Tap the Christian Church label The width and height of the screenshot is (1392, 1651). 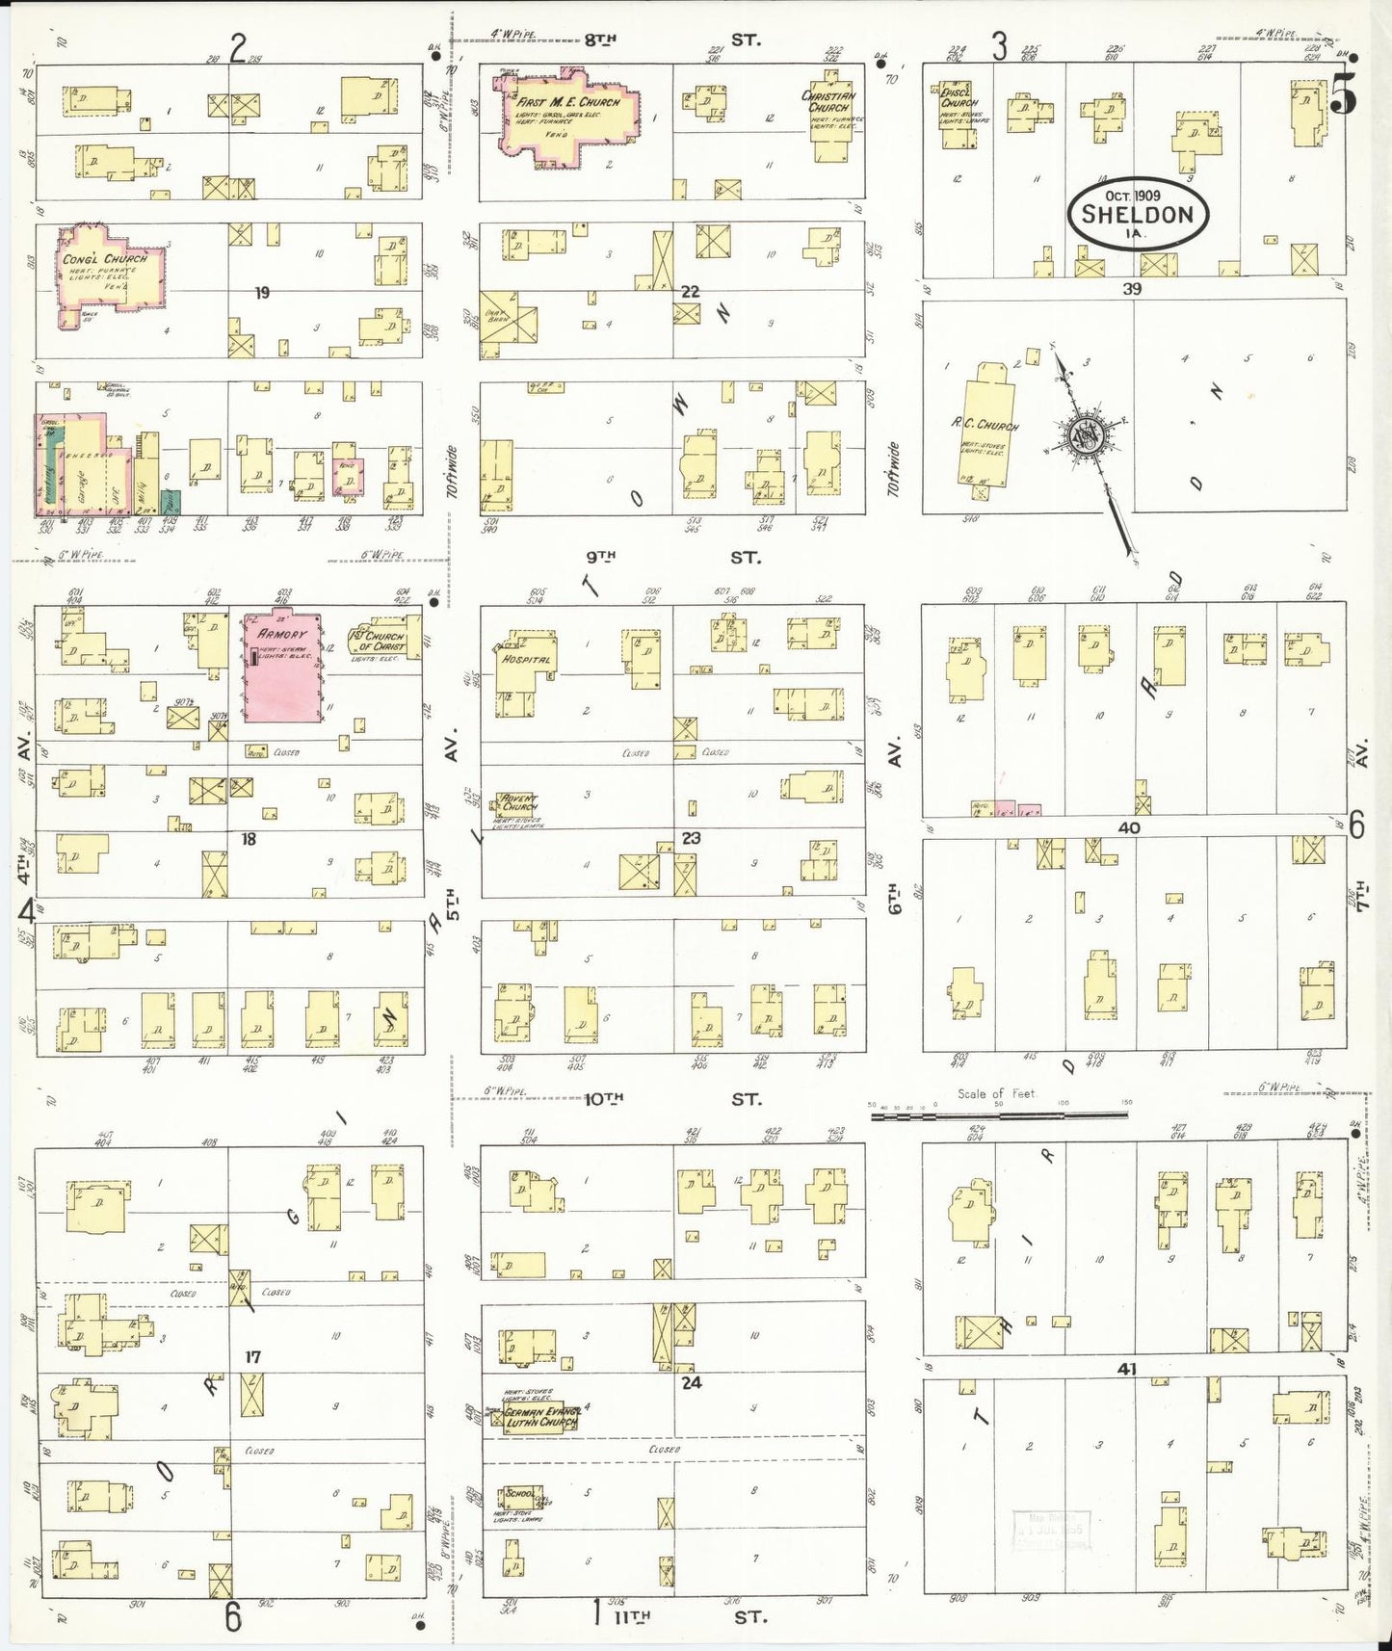point(828,101)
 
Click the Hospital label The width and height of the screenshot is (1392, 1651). point(526,660)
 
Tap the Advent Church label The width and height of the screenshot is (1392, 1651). point(517,802)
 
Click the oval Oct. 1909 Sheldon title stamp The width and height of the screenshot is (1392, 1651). point(1137,213)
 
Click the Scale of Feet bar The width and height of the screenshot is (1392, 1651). point(999,1114)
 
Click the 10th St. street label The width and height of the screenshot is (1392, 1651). point(673,1098)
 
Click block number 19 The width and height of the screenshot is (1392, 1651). point(261,293)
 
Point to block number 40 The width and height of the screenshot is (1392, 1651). point(1129,827)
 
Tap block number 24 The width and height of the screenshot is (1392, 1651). point(692,1382)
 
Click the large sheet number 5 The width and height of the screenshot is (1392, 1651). point(1344,93)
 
